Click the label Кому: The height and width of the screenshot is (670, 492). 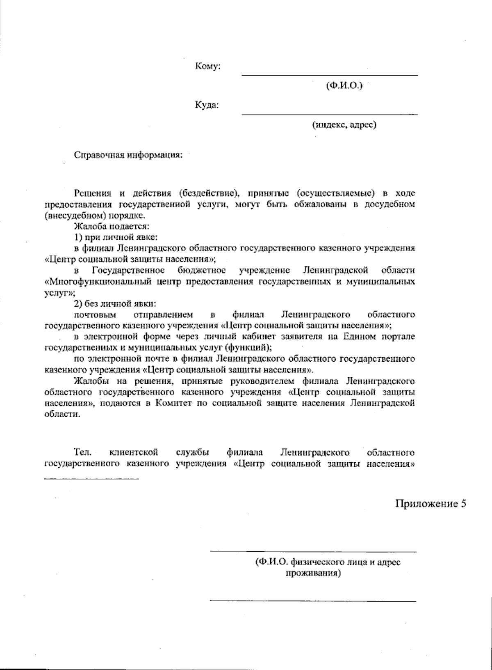pyautogui.click(x=208, y=67)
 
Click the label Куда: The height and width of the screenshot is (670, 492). pyautogui.click(x=207, y=105)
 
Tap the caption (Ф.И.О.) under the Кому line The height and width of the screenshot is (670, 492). pyautogui.click(x=344, y=86)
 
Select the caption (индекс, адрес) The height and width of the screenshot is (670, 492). pyautogui.click(x=344, y=124)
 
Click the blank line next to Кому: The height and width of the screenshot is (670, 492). pyautogui.click(x=330, y=75)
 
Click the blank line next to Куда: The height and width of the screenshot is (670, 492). pyautogui.click(x=330, y=114)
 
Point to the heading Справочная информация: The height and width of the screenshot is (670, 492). pyautogui.click(x=128, y=155)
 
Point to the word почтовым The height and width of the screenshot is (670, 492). pyautogui.click(x=94, y=315)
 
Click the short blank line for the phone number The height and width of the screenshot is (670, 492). pyautogui.click(x=91, y=478)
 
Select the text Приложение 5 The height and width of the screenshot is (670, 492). pyautogui.click(x=431, y=503)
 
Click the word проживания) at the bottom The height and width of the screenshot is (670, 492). pyautogui.click(x=313, y=572)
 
